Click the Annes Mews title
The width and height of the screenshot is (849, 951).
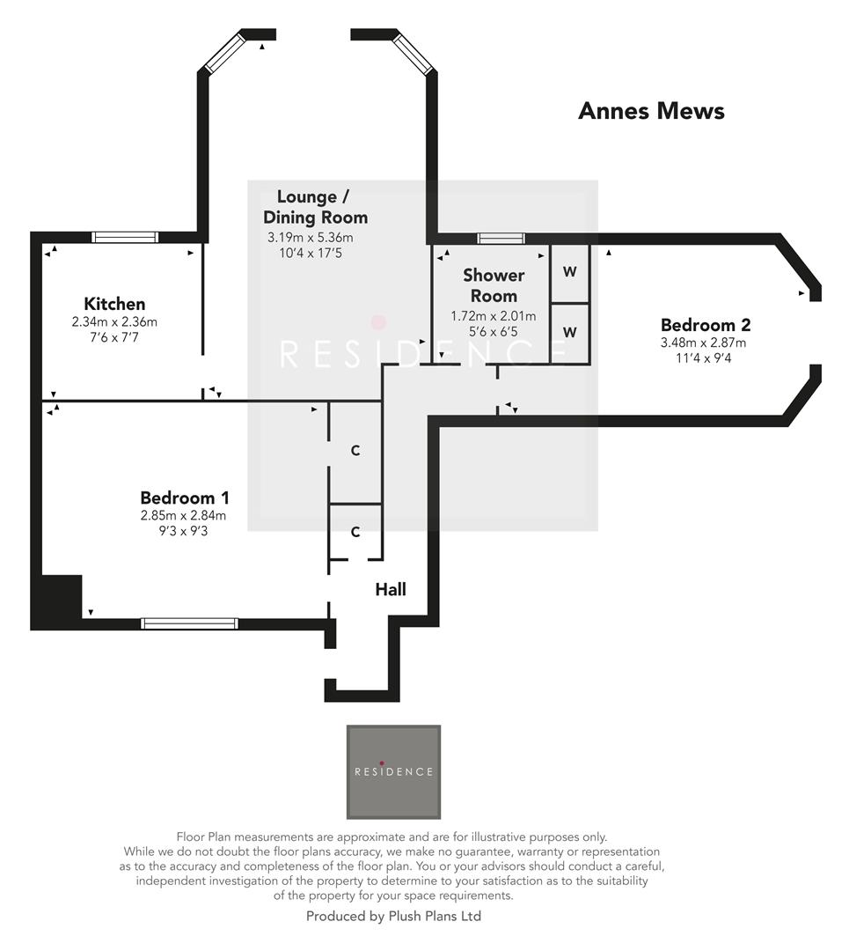[651, 111]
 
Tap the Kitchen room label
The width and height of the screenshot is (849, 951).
[114, 304]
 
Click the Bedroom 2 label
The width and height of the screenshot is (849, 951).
[705, 325]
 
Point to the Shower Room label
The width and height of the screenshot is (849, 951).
[493, 285]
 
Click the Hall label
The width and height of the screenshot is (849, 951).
[391, 589]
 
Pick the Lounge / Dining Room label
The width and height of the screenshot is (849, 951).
[315, 207]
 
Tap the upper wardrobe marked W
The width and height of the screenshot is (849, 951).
[570, 272]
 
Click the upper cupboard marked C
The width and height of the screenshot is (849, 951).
[355, 451]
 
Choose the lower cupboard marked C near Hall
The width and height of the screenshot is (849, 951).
[355, 532]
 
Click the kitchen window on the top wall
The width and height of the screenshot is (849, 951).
[125, 237]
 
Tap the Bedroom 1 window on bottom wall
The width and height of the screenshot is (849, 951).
[190, 623]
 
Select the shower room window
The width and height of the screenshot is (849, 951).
[501, 238]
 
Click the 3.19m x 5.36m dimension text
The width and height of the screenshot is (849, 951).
[310, 238]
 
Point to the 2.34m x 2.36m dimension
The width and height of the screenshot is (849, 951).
[114, 322]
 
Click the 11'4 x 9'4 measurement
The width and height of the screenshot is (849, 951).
[705, 358]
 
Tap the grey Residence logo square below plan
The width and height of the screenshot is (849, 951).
[393, 771]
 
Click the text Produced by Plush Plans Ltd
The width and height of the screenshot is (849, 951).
[393, 916]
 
